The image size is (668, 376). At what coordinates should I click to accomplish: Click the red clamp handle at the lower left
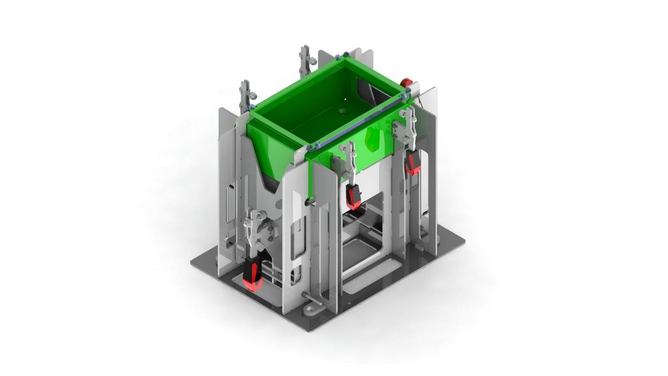tap(252, 274)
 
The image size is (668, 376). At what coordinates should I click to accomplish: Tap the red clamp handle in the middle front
tap(354, 196)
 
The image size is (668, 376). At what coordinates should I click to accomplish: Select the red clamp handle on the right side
tap(412, 163)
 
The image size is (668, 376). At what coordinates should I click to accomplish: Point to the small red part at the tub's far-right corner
tap(406, 83)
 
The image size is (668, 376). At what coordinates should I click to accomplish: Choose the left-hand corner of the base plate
tap(192, 264)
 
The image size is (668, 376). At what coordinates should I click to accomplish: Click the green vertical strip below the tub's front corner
tap(309, 176)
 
